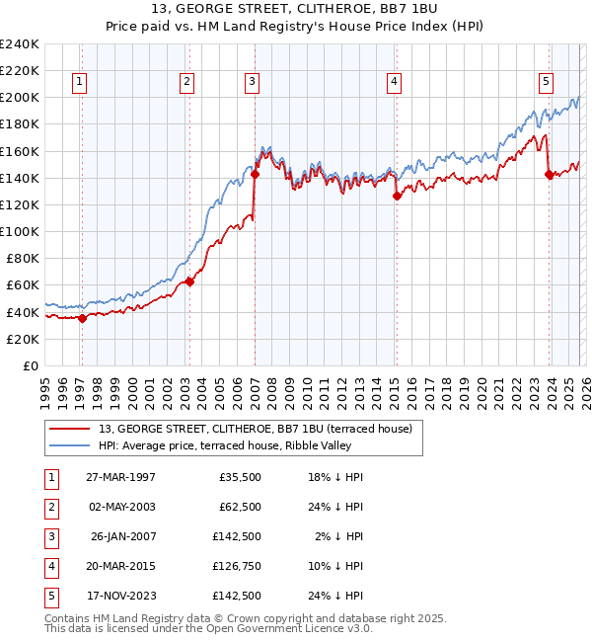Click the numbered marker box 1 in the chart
click(x=78, y=82)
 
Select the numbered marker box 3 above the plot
click(x=252, y=82)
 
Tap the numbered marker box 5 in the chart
click(x=546, y=82)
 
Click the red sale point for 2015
click(x=397, y=196)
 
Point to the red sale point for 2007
click(x=255, y=174)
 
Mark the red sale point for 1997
click(x=83, y=317)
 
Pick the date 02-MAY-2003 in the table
click(x=120, y=507)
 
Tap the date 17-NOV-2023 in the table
click(x=120, y=596)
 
